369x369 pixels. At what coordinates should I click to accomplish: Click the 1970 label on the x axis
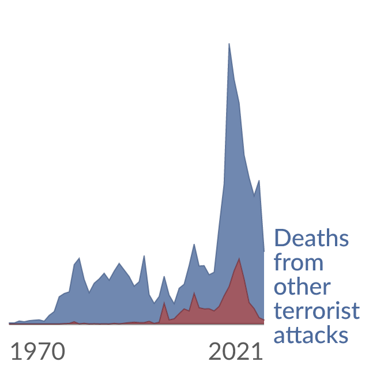[38, 351]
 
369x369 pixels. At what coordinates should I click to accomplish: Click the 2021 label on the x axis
[236, 351]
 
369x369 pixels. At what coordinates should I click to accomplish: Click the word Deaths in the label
[311, 238]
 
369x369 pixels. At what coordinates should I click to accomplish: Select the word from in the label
[299, 262]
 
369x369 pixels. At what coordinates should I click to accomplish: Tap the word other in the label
[302, 287]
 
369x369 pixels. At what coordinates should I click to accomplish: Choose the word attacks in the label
[311, 334]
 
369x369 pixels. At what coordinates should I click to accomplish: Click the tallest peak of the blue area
[229, 44]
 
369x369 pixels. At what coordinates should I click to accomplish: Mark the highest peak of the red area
[239, 258]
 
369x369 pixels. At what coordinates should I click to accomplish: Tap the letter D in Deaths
[282, 238]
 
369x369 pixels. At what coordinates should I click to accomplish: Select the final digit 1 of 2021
[258, 351]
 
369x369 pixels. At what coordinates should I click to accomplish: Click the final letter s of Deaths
[344, 240]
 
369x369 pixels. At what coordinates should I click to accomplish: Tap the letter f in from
[278, 262]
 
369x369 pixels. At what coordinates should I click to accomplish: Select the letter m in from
[314, 265]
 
